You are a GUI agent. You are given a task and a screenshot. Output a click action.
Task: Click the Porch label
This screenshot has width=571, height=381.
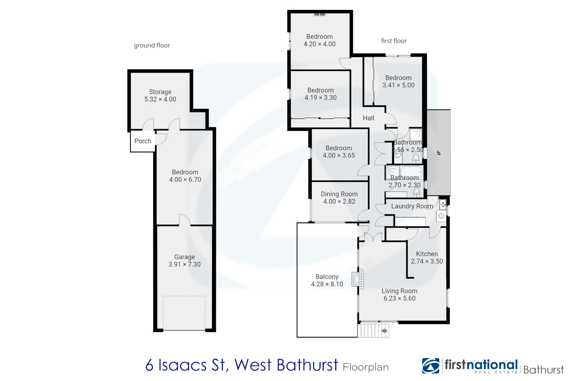[143, 141]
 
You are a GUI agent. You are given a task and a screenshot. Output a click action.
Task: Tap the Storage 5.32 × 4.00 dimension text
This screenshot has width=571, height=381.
[160, 99]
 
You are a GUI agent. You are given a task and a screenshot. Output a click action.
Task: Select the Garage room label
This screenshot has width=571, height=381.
[184, 257]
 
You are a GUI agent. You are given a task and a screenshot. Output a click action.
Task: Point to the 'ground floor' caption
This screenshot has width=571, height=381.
[152, 45]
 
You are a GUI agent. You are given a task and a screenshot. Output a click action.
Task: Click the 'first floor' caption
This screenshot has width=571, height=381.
[394, 41]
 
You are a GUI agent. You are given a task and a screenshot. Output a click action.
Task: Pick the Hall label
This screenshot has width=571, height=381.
[368, 118]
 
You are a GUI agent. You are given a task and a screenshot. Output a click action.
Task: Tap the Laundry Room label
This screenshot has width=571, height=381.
[412, 206]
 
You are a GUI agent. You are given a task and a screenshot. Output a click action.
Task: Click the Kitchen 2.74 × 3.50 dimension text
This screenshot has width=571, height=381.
[427, 261]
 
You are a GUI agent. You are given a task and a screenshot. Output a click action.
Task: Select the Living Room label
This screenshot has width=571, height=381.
[399, 291]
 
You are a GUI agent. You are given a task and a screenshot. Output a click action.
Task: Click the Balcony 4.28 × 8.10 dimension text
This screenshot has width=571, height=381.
[327, 284]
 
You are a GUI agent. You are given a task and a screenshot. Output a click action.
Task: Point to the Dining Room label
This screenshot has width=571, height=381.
[339, 194]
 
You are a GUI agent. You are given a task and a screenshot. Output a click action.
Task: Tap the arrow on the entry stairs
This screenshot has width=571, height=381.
[384, 331]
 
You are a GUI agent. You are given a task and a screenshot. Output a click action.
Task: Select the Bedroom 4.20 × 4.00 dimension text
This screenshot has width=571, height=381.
[319, 44]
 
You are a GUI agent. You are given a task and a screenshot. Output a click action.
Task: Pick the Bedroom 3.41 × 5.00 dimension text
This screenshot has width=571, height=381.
[398, 85]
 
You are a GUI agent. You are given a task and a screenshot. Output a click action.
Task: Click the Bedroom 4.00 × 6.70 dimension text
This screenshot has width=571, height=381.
[185, 179]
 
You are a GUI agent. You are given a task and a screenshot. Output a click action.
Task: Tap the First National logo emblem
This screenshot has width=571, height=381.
[431, 366]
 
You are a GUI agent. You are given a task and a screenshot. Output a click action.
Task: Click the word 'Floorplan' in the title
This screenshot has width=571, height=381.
[366, 367]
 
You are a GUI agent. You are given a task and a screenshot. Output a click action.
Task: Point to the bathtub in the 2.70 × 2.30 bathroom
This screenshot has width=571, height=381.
[411, 172]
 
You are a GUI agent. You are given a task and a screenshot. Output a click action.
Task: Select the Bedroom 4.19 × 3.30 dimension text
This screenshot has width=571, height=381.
[320, 98]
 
